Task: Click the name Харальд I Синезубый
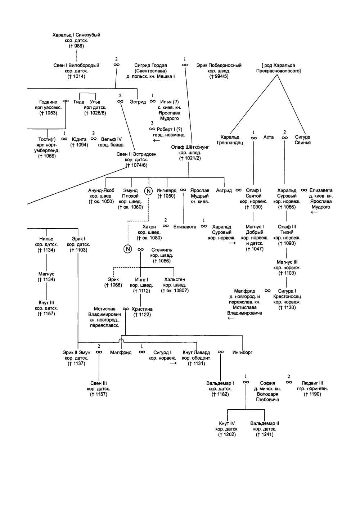click(x=76, y=35)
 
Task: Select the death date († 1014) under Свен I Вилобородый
click(x=76, y=76)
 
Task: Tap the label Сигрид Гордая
click(x=150, y=66)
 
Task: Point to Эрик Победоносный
click(x=219, y=66)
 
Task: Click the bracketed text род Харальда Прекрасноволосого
click(x=278, y=68)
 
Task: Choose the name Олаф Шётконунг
click(x=190, y=147)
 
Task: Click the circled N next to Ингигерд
click(x=148, y=191)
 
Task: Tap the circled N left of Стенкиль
click(x=127, y=249)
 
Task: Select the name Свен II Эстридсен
click(x=136, y=154)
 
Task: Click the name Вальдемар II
click(x=265, y=423)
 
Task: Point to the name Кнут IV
click(x=227, y=423)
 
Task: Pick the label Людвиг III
click(x=312, y=383)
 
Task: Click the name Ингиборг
click(x=242, y=352)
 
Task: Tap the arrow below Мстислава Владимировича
click(x=231, y=318)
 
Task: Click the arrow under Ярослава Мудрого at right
click(x=314, y=212)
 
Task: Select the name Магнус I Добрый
click(x=255, y=229)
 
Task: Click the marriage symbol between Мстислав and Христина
click(x=126, y=309)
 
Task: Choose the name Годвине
click(x=48, y=102)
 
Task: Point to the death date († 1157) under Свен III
click(x=99, y=394)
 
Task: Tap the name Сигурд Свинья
click(x=302, y=140)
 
